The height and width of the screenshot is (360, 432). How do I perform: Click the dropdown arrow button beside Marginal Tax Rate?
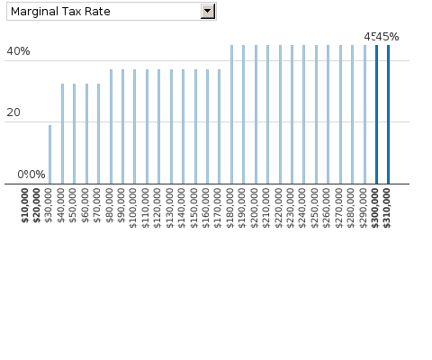click(x=208, y=11)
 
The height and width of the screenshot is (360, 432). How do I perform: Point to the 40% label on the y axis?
click(x=18, y=51)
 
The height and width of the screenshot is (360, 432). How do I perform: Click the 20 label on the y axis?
click(x=14, y=112)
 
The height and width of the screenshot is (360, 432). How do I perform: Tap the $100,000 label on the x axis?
click(x=135, y=206)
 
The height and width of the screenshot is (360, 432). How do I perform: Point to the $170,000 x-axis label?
click(x=220, y=206)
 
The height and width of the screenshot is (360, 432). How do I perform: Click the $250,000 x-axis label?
click(x=316, y=206)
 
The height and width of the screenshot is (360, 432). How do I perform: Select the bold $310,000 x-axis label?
click(x=389, y=206)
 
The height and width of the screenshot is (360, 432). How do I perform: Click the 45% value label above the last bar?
click(x=388, y=37)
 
